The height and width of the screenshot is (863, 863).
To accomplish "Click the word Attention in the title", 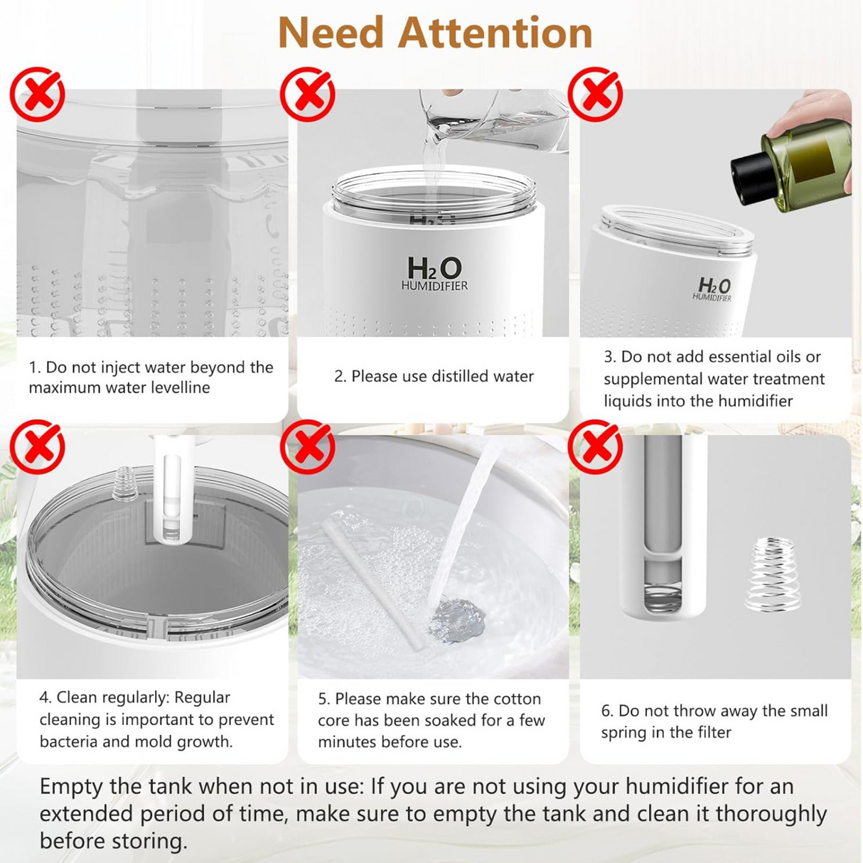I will (x=495, y=33).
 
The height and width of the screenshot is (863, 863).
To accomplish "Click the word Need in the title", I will (x=331, y=33).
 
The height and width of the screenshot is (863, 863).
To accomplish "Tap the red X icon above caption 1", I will (x=37, y=95).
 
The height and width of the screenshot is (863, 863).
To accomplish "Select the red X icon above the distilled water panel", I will (x=307, y=95).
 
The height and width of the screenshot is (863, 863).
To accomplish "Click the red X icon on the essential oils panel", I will (x=596, y=95).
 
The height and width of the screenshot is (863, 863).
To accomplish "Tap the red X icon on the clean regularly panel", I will (x=37, y=447).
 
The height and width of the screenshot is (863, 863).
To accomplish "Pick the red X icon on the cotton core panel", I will (x=307, y=447).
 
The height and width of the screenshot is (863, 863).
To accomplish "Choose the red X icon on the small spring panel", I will (x=596, y=447).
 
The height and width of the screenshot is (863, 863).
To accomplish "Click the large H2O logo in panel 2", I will (x=434, y=269).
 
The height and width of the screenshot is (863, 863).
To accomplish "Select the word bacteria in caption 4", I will (x=68, y=741).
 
